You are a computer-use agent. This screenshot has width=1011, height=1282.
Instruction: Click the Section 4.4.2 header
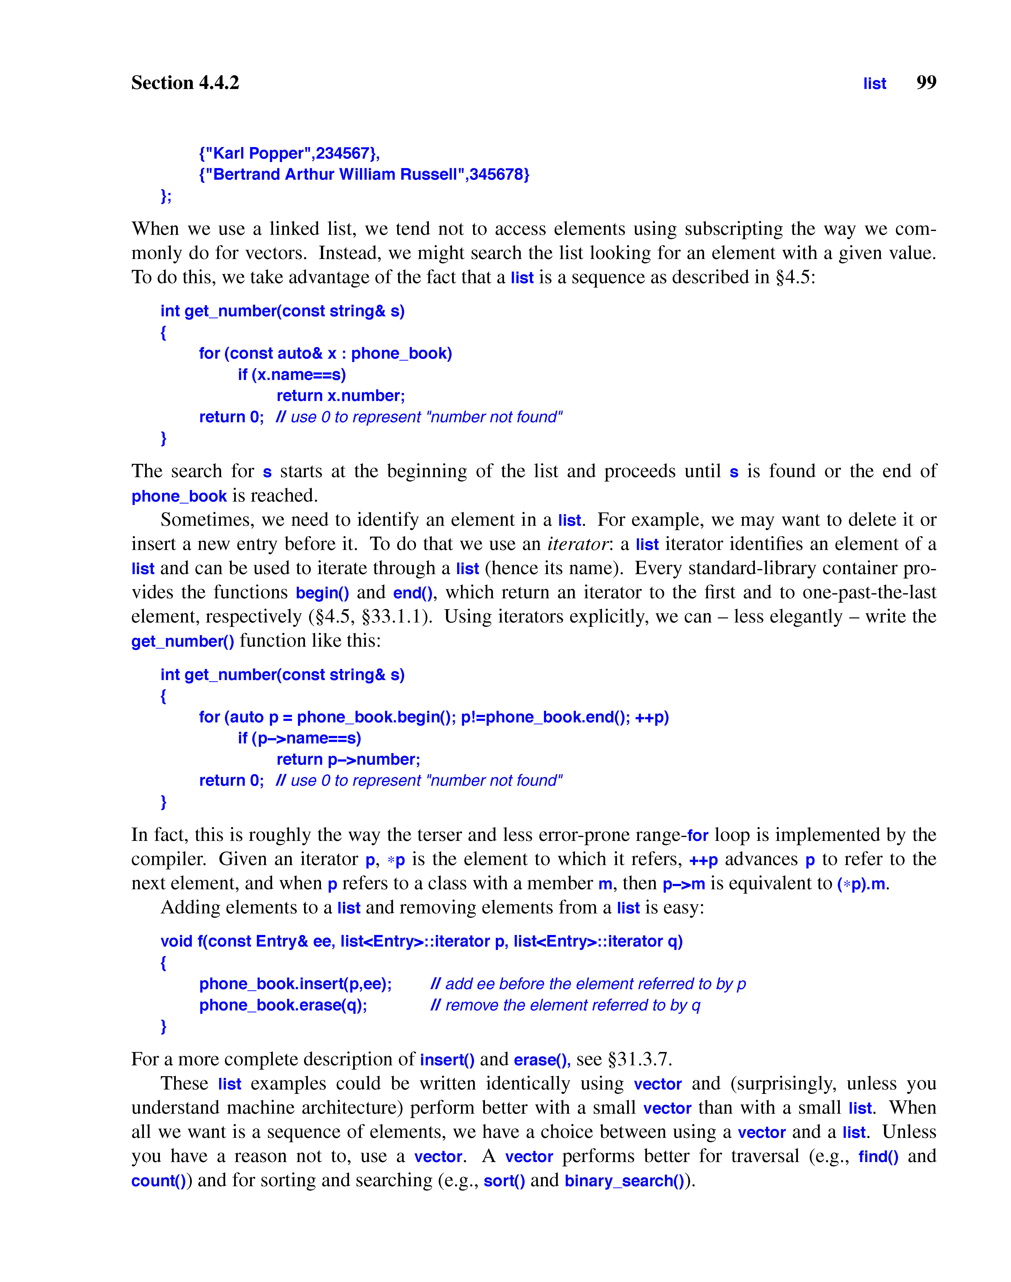click(x=185, y=83)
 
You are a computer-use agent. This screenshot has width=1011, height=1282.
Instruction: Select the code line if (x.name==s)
click(x=292, y=375)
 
